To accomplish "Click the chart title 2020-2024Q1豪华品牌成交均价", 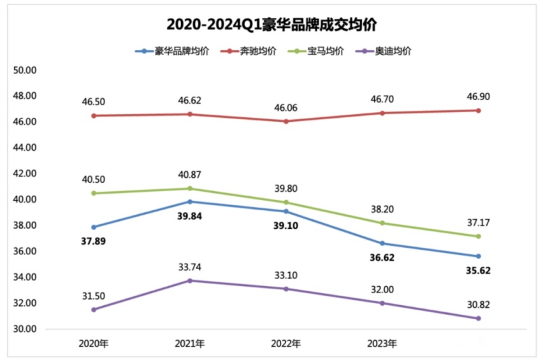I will click(271, 24).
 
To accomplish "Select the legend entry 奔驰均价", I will click(258, 51).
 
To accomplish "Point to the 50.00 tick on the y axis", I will click(25, 70).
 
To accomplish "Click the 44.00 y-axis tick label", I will click(25, 148).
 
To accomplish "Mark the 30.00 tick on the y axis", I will click(25, 329).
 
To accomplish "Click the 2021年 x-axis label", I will click(190, 344).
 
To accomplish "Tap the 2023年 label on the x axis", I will click(382, 344).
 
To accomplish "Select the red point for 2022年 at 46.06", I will click(286, 121).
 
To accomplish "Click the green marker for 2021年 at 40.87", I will click(190, 189).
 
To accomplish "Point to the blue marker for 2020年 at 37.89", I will click(94, 227).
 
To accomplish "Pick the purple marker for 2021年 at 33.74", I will click(190, 280).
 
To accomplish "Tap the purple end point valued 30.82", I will click(478, 319).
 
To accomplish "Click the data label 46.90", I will click(478, 97).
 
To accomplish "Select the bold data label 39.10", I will click(286, 226).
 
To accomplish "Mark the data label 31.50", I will click(94, 296).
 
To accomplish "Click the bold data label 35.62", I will click(478, 270).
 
